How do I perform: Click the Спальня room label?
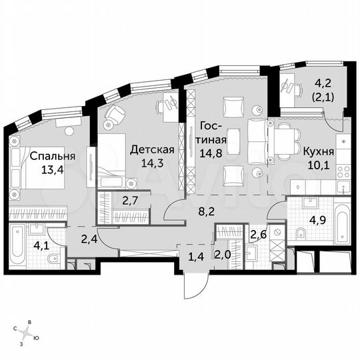point(52,157)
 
